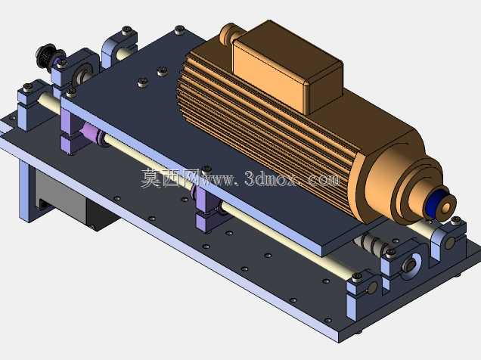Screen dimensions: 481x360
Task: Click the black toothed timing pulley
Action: click(46, 55)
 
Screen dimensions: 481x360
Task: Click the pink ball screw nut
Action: click(92, 132)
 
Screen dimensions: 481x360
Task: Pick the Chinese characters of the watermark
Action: click(168, 178)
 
